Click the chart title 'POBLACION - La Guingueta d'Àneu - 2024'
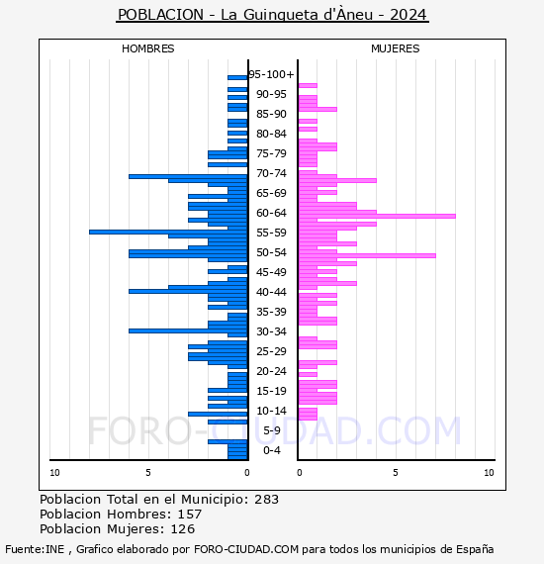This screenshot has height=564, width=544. [x=272, y=15]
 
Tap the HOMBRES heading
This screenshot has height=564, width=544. [x=147, y=48]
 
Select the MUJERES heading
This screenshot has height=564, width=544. [x=396, y=48]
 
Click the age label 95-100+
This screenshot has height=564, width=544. [x=271, y=74]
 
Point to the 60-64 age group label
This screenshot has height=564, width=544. [x=271, y=213]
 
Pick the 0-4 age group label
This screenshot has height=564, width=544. [x=272, y=450]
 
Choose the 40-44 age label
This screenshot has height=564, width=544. [x=271, y=292]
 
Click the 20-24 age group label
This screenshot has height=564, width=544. [x=271, y=371]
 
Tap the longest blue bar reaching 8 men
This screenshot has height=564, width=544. [x=168, y=232]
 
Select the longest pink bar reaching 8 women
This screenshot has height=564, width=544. [x=377, y=216]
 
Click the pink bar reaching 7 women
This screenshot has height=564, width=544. [x=367, y=255]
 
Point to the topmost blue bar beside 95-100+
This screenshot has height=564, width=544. [x=237, y=78]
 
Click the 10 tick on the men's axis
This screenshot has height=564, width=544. [x=54, y=473]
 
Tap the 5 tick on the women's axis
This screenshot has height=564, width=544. [x=396, y=473]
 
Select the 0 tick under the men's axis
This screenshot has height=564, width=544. [x=247, y=473]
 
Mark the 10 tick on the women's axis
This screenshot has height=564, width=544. [x=489, y=473]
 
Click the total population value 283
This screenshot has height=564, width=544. [x=266, y=500]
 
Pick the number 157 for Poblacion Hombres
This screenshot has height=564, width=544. [x=190, y=515]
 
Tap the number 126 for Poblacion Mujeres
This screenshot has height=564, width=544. [x=182, y=529]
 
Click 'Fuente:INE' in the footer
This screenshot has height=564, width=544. [x=35, y=549]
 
